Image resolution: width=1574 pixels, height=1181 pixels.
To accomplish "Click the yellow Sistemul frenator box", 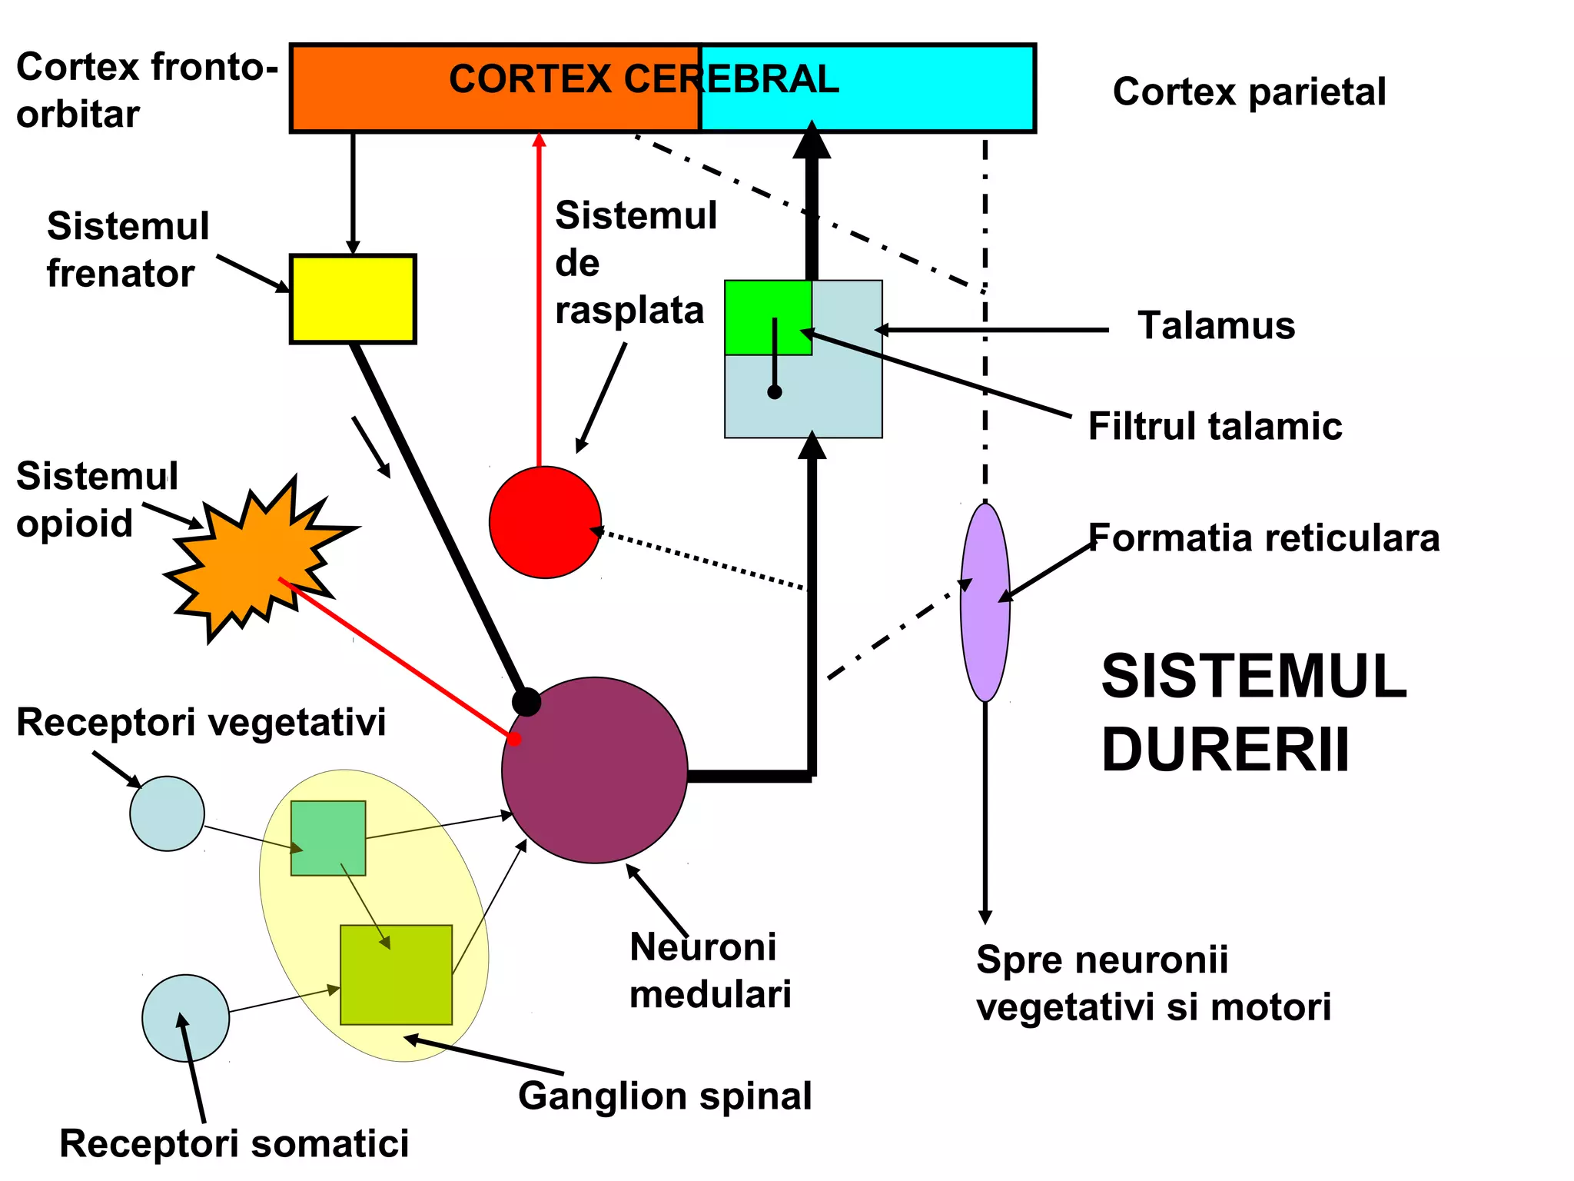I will tap(353, 299).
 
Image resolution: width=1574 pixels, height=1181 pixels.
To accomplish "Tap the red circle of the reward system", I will tap(545, 522).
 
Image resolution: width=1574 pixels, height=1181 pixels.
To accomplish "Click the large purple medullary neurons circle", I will tap(595, 770).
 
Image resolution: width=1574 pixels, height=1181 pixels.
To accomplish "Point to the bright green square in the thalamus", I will tap(768, 317).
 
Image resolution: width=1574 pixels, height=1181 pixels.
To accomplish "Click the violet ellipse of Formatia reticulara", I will tap(985, 602).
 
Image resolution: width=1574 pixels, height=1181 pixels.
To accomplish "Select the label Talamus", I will tap(1216, 325).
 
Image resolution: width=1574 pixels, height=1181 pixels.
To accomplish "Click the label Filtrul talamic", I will tap(1214, 426).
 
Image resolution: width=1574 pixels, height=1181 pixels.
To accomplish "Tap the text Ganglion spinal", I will tap(665, 1096).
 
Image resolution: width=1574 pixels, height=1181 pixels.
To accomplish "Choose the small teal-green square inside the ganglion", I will tap(328, 838).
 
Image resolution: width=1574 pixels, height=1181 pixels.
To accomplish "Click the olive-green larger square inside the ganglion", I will tap(396, 975).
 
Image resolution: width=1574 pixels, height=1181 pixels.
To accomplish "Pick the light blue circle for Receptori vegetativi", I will tap(167, 813).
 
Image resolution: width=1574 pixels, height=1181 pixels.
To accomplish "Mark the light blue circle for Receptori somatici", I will tap(185, 1018).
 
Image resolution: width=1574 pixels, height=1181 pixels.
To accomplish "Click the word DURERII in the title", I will tap(1225, 750).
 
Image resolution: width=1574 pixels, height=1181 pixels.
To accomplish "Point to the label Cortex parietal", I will tap(1249, 91).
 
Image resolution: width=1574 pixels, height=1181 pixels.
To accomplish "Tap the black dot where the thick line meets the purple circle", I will tap(526, 702).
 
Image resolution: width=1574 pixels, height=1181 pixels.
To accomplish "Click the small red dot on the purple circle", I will tap(515, 739).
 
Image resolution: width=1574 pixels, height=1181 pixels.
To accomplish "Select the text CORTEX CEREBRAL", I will tap(643, 79).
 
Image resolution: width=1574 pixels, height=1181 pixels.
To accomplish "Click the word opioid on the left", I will tap(75, 524).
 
